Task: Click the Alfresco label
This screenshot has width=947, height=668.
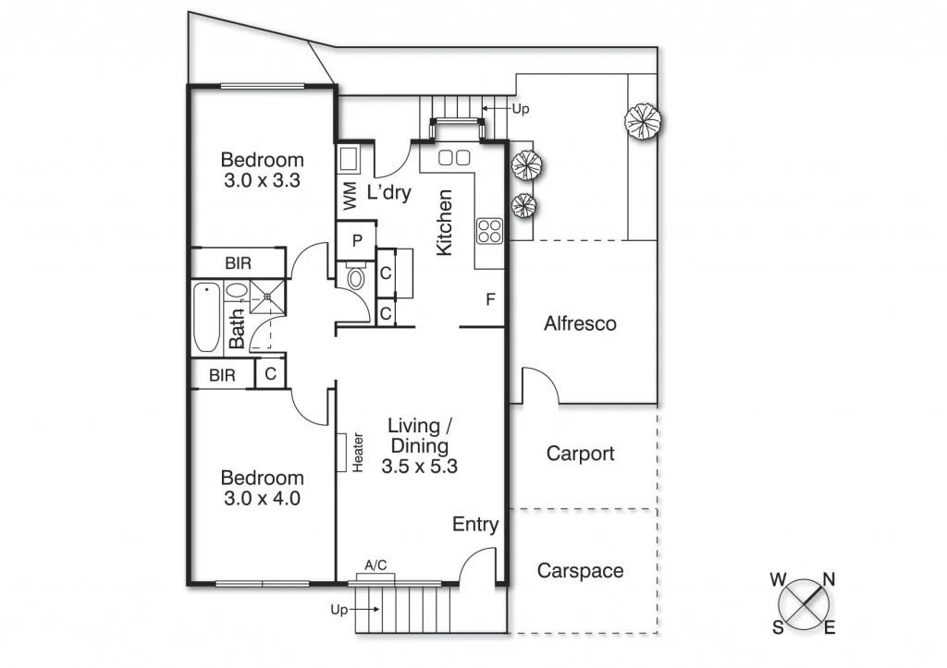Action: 580,324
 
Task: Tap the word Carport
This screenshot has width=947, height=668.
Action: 580,454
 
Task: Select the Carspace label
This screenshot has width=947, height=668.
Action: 580,571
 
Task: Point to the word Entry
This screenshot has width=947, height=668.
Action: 475,525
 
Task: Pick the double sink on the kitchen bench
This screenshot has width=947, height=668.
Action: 453,158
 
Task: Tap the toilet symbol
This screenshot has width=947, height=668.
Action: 354,276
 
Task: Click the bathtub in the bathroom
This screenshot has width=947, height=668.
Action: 205,318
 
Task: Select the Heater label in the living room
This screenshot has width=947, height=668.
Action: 358,454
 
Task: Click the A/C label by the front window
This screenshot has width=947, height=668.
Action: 375,565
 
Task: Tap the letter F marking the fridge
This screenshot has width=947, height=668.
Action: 490,299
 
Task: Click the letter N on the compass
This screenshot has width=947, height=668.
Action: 830,579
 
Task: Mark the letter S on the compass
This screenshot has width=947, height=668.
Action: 778,628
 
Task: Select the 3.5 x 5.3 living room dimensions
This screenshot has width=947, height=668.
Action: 419,467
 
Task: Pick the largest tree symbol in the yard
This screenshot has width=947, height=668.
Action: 644,120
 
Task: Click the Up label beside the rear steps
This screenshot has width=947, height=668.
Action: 521,109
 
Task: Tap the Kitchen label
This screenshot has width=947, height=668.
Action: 445,223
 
